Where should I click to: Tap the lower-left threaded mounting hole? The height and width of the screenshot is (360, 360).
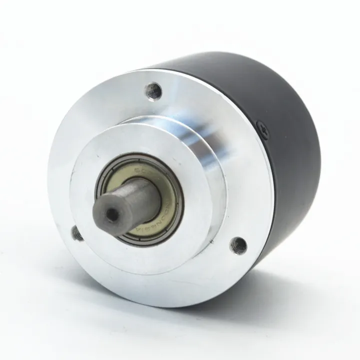point(77,233)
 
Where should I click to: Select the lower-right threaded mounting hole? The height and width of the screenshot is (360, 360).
point(237,245)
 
